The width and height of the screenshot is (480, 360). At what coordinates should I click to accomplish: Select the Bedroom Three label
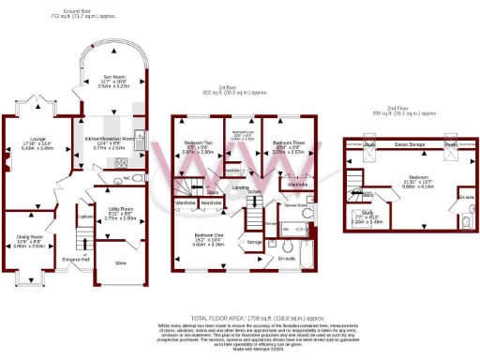tap(282, 143)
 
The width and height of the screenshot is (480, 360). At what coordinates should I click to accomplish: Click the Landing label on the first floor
tap(241, 187)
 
